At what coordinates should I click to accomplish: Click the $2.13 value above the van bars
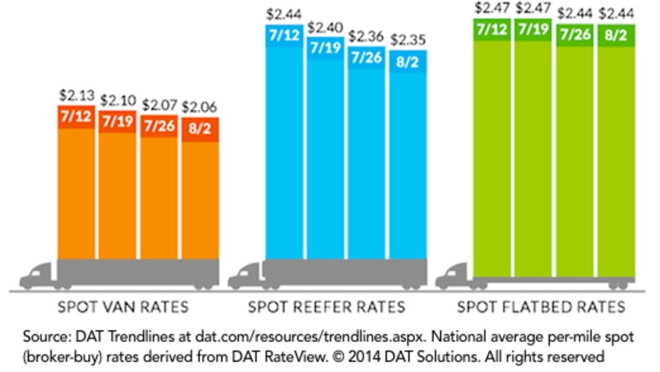(76, 97)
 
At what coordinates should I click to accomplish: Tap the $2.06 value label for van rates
(200, 107)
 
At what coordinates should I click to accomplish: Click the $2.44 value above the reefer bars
(283, 13)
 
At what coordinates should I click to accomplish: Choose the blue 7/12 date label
(283, 34)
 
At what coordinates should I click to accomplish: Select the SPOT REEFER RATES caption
(327, 308)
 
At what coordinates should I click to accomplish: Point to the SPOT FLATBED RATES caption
(541, 308)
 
